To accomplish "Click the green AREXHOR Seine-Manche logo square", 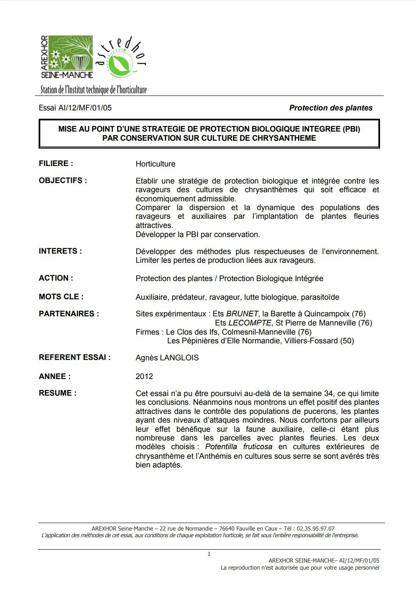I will (x=71, y=52).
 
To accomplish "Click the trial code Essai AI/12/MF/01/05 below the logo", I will (x=75, y=108).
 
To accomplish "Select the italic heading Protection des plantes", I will (x=331, y=108).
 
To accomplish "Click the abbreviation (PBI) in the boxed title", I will (x=351, y=129).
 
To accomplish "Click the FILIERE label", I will (x=56, y=164).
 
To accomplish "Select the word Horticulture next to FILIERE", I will (x=155, y=164).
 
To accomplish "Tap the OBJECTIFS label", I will (x=63, y=181).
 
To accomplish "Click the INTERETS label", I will (x=60, y=251).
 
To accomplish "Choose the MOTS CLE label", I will (x=61, y=297).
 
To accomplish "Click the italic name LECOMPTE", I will (x=250, y=323).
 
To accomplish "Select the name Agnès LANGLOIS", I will (x=167, y=358).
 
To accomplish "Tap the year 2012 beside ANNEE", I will (x=144, y=377).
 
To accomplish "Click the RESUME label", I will (x=58, y=393).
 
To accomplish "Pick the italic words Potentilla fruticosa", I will (x=239, y=447).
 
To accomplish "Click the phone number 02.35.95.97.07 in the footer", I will (x=314, y=528).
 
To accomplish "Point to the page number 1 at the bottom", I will (x=209, y=554).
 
